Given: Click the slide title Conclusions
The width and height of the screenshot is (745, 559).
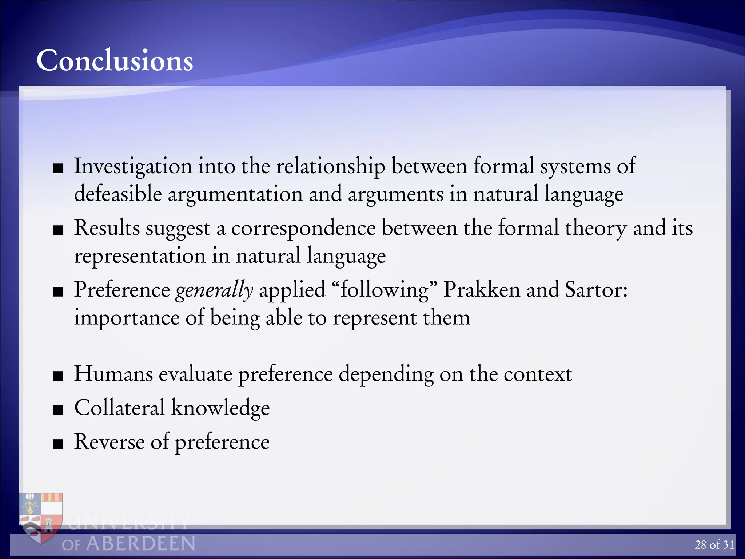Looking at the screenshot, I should coord(115,60).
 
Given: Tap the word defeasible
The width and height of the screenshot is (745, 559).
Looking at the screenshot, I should coord(118,194).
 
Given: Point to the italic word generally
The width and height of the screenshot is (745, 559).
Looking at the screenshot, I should coord(214,290).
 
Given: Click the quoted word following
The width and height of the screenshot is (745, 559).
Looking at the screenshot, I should coord(384,290).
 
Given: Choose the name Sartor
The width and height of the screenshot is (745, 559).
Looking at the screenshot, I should coord(596,290).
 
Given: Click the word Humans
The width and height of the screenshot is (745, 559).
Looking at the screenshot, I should coord(113,374).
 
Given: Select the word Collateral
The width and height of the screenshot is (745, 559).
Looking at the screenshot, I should coord(119,407).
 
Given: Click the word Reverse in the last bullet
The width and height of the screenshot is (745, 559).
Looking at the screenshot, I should coord(109,441).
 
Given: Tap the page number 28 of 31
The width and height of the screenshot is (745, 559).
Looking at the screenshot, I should coord(714,545).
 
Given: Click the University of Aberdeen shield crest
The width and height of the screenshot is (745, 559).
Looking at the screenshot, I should coord(41,517).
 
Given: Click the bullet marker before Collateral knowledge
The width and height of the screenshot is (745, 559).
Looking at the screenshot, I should coord(58,410).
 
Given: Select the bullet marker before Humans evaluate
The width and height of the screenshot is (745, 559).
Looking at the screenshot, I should coord(58,376).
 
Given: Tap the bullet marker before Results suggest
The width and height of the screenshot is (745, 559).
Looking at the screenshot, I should coord(58,230).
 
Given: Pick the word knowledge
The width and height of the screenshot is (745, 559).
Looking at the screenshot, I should coord(220,407).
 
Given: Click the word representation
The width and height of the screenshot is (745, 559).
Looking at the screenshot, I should coord(140,256).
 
